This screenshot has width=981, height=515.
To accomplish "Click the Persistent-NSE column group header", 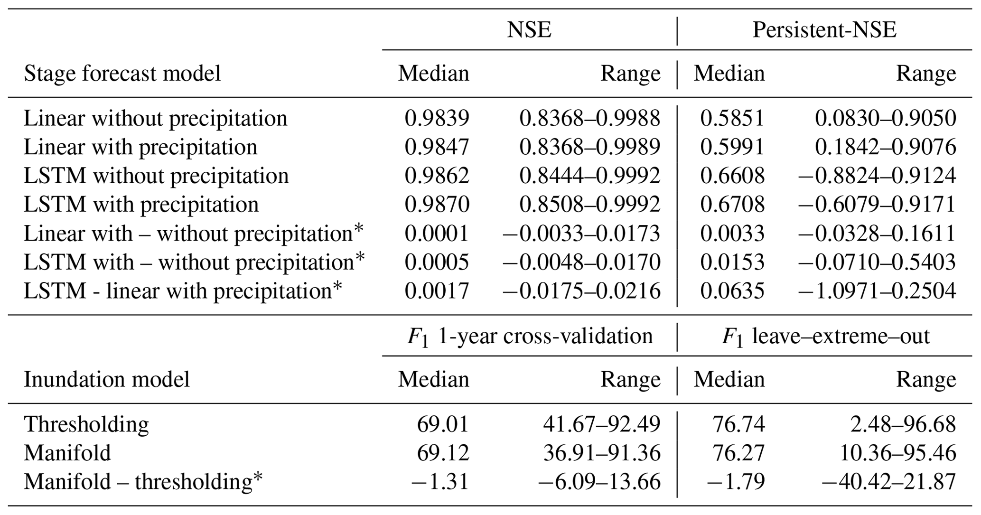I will click(824, 30).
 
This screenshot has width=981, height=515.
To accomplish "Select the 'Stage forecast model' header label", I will click(122, 74).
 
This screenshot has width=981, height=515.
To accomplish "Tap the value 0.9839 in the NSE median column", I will click(437, 118).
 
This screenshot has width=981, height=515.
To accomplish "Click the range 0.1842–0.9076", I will click(885, 147).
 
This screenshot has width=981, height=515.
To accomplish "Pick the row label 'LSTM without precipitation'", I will click(156, 176).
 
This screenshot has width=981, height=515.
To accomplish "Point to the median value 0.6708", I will click(732, 205).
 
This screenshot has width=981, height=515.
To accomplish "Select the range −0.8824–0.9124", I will click(877, 176).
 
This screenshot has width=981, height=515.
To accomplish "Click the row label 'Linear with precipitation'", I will click(140, 147).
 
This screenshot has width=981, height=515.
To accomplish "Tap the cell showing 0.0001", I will click(437, 234).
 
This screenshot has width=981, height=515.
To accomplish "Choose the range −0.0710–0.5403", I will click(877, 262).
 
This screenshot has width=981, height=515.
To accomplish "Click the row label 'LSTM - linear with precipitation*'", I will click(183, 291).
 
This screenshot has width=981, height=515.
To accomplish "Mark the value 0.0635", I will click(732, 291).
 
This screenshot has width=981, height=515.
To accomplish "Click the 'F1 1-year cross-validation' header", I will click(530, 337).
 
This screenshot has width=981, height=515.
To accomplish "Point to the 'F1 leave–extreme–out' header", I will click(825, 337).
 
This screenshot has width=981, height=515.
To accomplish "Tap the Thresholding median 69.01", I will click(443, 424).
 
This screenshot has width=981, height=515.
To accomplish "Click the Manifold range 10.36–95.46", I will click(898, 453).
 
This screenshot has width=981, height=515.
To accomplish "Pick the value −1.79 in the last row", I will click(736, 482).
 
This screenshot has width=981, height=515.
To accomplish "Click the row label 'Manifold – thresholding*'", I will click(143, 482).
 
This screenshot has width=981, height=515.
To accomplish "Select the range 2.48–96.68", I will click(903, 424).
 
